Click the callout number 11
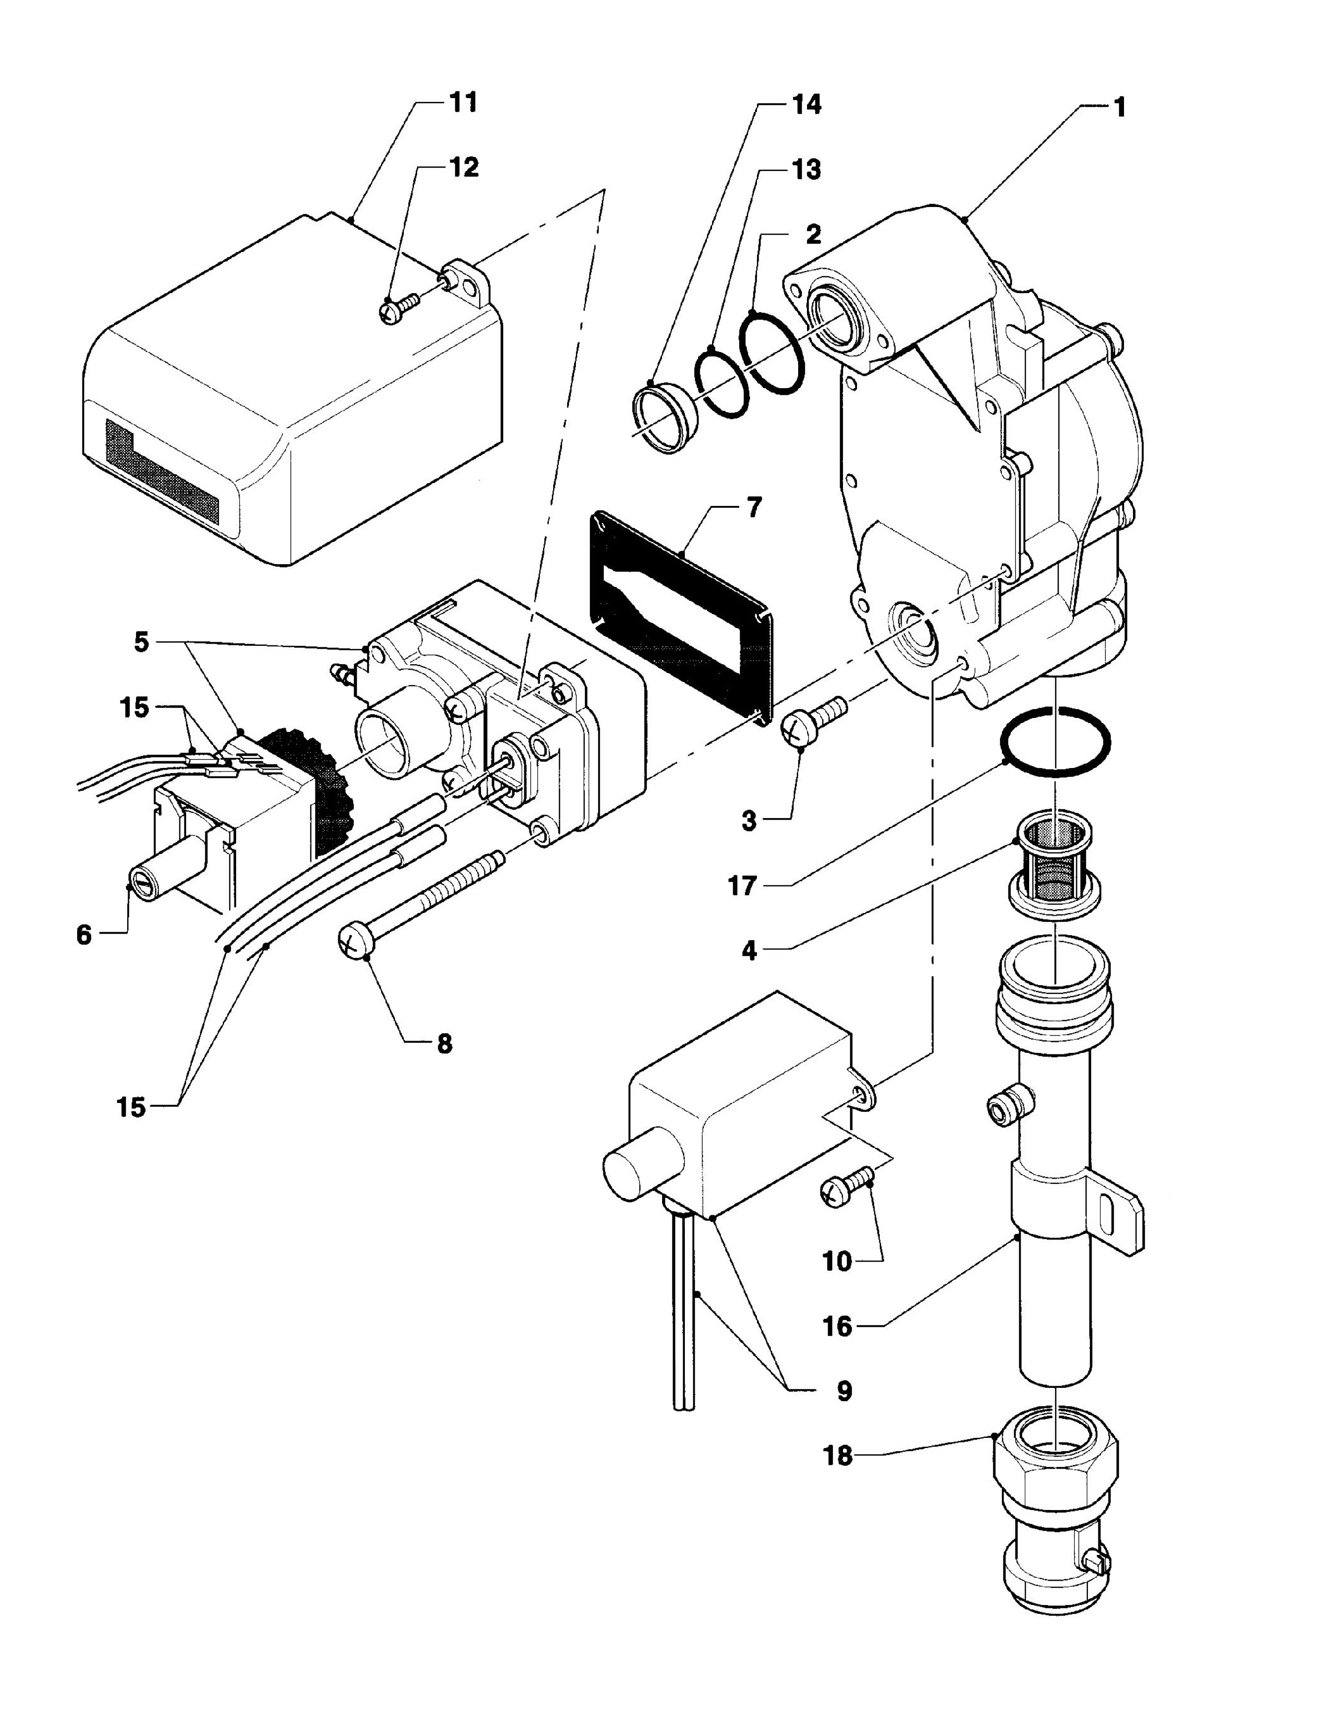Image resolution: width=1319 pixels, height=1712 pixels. pos(463,103)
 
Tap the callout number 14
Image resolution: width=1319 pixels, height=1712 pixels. pos(806,104)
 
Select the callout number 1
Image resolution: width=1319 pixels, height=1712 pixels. pos(1120,108)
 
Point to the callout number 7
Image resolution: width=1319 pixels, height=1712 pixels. pos(753,508)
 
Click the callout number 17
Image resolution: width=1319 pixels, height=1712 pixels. pos(741,886)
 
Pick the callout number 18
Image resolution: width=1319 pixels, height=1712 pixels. pos(838,1455)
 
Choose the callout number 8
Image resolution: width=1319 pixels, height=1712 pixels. pos(444,1043)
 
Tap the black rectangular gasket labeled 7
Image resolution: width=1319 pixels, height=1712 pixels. pos(681,619)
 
